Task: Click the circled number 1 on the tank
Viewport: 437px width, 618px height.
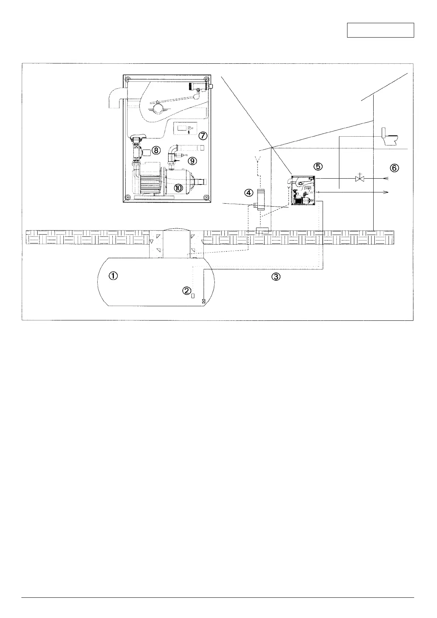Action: pyautogui.click(x=113, y=276)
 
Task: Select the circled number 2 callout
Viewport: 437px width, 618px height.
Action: pyautogui.click(x=186, y=291)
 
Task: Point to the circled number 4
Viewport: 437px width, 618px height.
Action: pyautogui.click(x=249, y=193)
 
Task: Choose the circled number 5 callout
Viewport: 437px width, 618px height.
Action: pyautogui.click(x=318, y=166)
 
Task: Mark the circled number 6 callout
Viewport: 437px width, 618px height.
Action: pyautogui.click(x=394, y=168)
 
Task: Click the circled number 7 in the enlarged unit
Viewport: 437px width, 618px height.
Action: pyautogui.click(x=203, y=136)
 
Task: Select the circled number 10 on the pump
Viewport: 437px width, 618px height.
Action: pyautogui.click(x=178, y=188)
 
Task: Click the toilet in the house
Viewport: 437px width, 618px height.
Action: pyautogui.click(x=390, y=137)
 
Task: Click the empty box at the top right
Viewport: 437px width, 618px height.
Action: pyautogui.click(x=380, y=30)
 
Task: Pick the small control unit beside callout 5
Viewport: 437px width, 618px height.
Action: pyautogui.click(x=303, y=190)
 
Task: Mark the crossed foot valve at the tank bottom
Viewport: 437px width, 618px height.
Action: pyautogui.click(x=203, y=301)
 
